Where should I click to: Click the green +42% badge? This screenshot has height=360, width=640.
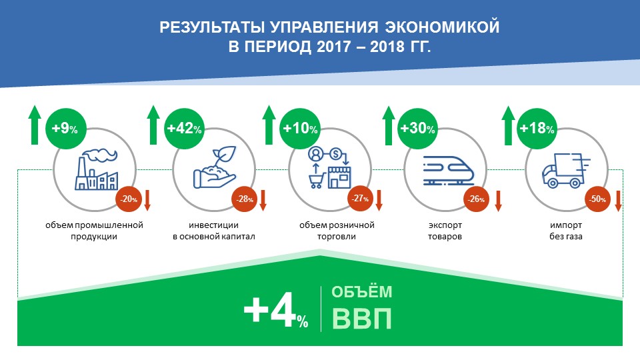click(x=184, y=128)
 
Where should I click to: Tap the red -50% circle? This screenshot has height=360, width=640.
click(x=598, y=199)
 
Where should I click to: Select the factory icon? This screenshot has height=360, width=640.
click(x=96, y=169)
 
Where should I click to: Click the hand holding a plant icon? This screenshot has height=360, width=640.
click(x=215, y=167)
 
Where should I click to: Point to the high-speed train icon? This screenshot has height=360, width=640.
click(x=449, y=171)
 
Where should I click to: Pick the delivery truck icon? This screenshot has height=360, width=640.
click(x=566, y=171)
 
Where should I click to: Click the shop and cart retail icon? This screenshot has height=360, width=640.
click(x=329, y=168)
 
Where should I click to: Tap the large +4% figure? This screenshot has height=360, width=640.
click(x=276, y=310)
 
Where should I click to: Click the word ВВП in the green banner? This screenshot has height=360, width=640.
click(x=361, y=319)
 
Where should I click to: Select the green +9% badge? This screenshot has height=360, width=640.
click(x=65, y=128)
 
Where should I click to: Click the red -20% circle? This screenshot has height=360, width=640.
click(x=129, y=199)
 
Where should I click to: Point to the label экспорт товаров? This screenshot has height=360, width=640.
click(x=445, y=231)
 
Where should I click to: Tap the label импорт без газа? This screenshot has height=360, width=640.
click(x=566, y=231)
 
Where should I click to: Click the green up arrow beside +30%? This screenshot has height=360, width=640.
click(x=389, y=125)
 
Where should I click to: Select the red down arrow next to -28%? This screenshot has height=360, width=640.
click(x=263, y=201)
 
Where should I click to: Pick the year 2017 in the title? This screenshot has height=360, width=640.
click(x=333, y=47)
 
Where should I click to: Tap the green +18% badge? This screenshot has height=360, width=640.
click(x=537, y=128)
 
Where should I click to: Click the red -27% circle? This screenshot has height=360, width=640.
click(x=360, y=199)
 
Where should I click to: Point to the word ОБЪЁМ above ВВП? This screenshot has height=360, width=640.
click(x=361, y=292)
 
